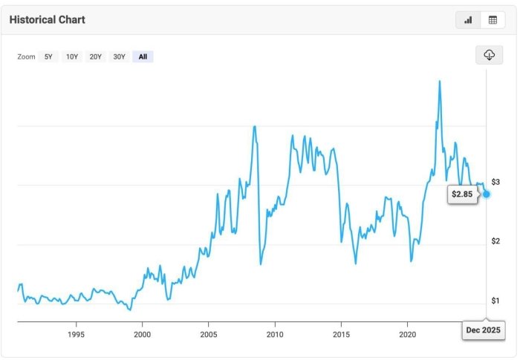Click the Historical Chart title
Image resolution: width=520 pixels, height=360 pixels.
point(47,19)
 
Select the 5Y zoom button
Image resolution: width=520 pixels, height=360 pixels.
point(49,56)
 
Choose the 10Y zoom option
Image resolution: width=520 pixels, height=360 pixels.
point(72,56)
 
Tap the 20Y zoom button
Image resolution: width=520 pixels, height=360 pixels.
point(96,56)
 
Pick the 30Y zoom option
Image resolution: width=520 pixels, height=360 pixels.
point(119,56)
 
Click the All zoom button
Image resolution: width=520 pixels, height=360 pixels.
point(143,56)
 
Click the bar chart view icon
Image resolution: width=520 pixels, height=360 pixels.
point(468,20)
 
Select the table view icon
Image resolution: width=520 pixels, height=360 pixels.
point(492,20)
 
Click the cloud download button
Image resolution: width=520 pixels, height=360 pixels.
point(490,56)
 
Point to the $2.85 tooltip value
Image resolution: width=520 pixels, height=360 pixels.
point(462,194)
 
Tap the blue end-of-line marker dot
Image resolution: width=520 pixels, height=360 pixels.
point(487,194)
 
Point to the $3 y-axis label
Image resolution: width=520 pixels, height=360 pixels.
point(495,182)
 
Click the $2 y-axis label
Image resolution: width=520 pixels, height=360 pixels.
point(495,241)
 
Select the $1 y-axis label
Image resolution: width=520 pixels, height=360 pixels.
point(495,301)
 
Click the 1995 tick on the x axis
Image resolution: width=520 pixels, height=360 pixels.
point(76,334)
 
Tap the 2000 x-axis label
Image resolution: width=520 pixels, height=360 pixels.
point(142,334)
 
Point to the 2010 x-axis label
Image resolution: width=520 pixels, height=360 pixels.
point(275,334)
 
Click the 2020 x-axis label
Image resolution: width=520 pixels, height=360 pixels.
point(407,334)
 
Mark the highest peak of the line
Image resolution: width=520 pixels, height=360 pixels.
point(441,81)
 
